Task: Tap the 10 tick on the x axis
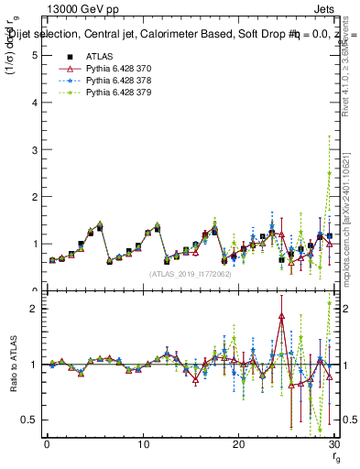[143, 444]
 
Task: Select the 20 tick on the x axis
[239, 444]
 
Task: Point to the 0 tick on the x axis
[47, 444]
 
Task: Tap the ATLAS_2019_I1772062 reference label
[190, 274]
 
